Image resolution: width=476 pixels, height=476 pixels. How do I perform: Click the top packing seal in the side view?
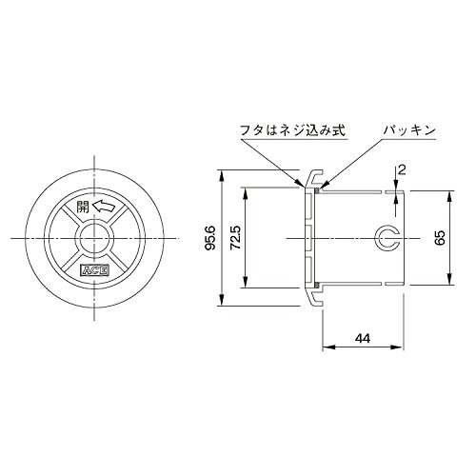(x=317, y=189)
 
